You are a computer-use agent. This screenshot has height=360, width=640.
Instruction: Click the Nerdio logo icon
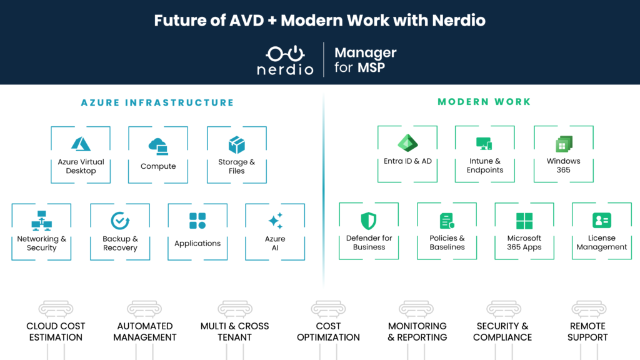[x=285, y=54]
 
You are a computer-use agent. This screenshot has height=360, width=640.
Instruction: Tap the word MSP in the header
[x=371, y=67]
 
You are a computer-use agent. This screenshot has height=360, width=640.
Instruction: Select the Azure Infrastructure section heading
[x=157, y=102]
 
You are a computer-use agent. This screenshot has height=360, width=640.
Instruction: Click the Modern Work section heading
[x=484, y=102]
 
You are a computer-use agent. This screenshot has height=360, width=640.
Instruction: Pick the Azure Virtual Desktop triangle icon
[x=81, y=144]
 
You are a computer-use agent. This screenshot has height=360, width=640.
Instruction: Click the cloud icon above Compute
[x=158, y=146]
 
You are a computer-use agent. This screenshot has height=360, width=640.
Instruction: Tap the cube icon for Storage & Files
[x=237, y=145]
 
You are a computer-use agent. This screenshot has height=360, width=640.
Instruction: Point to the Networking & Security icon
[x=42, y=221]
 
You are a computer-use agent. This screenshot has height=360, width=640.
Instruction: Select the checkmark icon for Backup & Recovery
[x=120, y=221]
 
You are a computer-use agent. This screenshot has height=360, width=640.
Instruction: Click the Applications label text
[x=197, y=243]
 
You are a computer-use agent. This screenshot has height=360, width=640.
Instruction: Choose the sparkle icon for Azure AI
[x=276, y=221]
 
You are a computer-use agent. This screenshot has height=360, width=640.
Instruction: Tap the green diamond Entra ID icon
[x=407, y=143]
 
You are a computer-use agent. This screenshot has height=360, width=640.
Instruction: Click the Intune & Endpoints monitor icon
[x=484, y=144]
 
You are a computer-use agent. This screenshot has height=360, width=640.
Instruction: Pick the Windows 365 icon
[x=564, y=144]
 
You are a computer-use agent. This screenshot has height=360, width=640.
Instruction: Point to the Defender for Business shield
[x=369, y=221]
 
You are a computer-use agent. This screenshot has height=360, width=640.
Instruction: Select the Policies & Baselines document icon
[x=447, y=221]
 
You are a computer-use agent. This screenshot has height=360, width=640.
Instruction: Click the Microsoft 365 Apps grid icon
[x=524, y=221]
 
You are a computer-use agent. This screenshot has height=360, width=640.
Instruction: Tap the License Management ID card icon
[x=602, y=221]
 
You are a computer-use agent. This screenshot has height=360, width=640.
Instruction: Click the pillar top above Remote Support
[x=589, y=309]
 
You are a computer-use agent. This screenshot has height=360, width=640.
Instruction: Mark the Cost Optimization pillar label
[x=328, y=331]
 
